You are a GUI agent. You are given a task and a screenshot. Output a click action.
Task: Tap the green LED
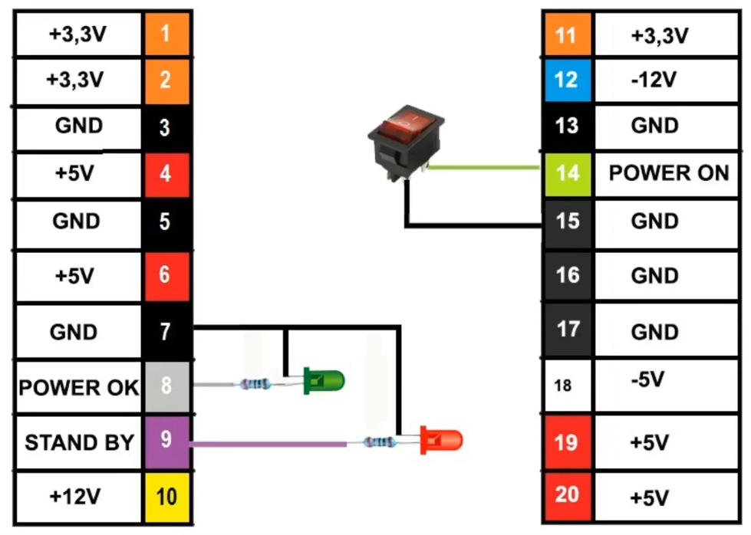point(324,379)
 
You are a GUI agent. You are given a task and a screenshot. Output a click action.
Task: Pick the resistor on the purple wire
point(379,441)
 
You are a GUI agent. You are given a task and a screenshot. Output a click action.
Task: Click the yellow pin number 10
point(166,496)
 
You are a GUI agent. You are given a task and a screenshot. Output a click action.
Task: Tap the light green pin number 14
point(568,172)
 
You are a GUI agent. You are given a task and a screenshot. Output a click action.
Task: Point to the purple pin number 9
point(166,440)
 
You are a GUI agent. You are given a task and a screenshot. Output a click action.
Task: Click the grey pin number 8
point(166,385)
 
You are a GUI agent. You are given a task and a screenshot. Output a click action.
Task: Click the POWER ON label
point(668,172)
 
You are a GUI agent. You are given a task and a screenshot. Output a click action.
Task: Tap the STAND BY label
point(79,442)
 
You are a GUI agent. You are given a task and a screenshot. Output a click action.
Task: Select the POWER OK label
point(79,387)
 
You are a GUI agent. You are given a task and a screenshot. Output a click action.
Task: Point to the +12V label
point(74,496)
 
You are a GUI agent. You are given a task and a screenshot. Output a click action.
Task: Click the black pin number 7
point(166,332)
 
